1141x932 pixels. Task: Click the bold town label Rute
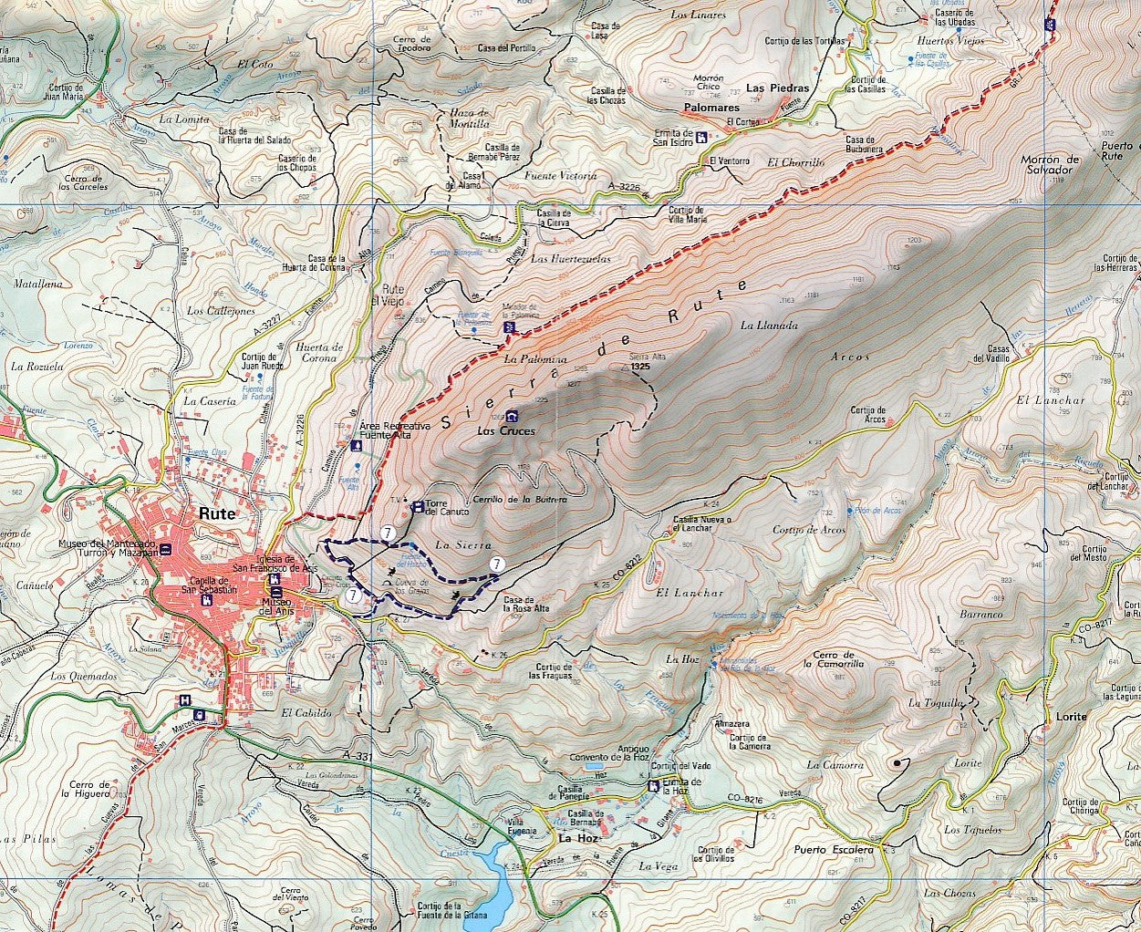(x=216, y=513)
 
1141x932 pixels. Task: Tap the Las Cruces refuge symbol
(x=513, y=416)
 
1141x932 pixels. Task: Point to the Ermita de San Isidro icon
(x=700, y=138)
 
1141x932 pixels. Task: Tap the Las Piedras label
(x=777, y=88)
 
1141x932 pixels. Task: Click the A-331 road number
(x=359, y=757)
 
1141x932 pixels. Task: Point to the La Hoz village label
(x=576, y=837)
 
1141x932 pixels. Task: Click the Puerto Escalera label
(x=833, y=850)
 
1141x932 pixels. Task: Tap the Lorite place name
(x=1071, y=717)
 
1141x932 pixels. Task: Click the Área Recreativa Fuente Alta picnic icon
(x=356, y=446)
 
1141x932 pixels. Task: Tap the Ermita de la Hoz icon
(x=653, y=786)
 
